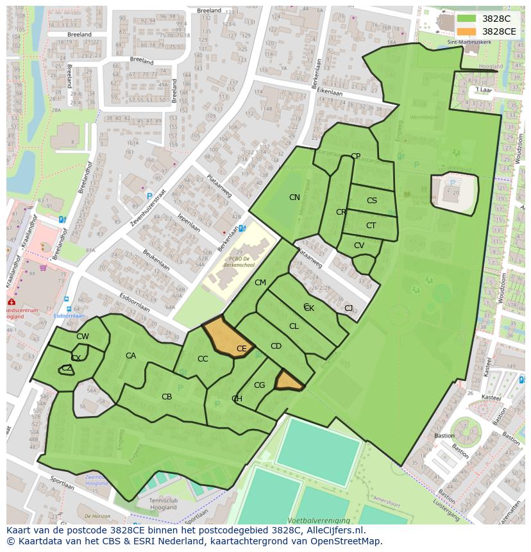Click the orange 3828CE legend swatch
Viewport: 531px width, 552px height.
coord(466,31)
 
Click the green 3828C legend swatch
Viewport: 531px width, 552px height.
coord(466,19)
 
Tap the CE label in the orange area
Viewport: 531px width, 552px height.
coord(242,349)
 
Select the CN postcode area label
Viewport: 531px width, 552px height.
coord(294,197)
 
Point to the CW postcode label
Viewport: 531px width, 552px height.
coord(83,337)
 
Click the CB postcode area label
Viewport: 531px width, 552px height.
coord(167,397)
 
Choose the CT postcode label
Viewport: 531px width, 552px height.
coord(371,226)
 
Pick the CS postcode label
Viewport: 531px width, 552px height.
coord(372,201)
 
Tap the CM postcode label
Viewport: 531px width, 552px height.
coord(260,283)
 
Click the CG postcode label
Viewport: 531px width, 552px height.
coord(259,385)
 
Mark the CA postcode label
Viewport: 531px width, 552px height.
coord(131,356)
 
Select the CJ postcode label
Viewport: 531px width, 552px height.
coord(348,308)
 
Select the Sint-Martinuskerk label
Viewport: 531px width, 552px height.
coord(473,43)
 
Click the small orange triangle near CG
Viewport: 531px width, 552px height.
coord(288,383)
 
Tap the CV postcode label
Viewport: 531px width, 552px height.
coord(359,246)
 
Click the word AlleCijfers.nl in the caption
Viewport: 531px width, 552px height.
coord(333,530)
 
